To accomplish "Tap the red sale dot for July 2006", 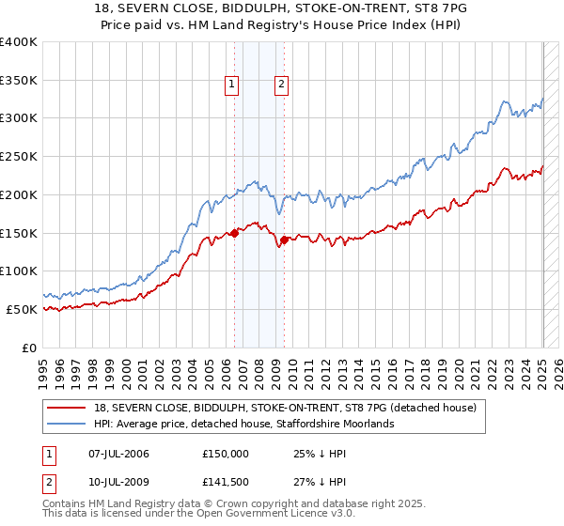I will coord(234,234).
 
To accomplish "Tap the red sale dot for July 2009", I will coord(284,240).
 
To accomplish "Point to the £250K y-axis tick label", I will coord(18,156).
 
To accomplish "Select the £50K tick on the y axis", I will coord(22,309).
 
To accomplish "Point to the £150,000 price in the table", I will coord(226,454).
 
